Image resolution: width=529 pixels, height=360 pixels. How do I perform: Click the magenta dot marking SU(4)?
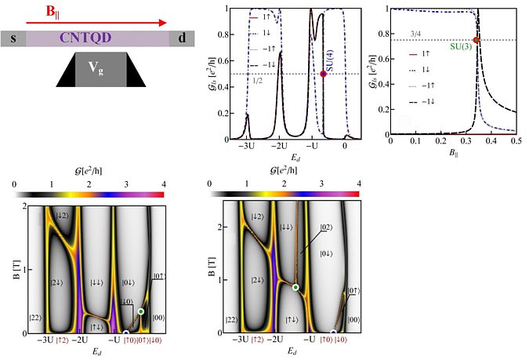[323, 74]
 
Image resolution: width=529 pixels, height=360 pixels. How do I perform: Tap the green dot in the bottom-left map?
[141, 312]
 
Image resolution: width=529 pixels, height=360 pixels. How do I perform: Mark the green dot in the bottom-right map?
[295, 288]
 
